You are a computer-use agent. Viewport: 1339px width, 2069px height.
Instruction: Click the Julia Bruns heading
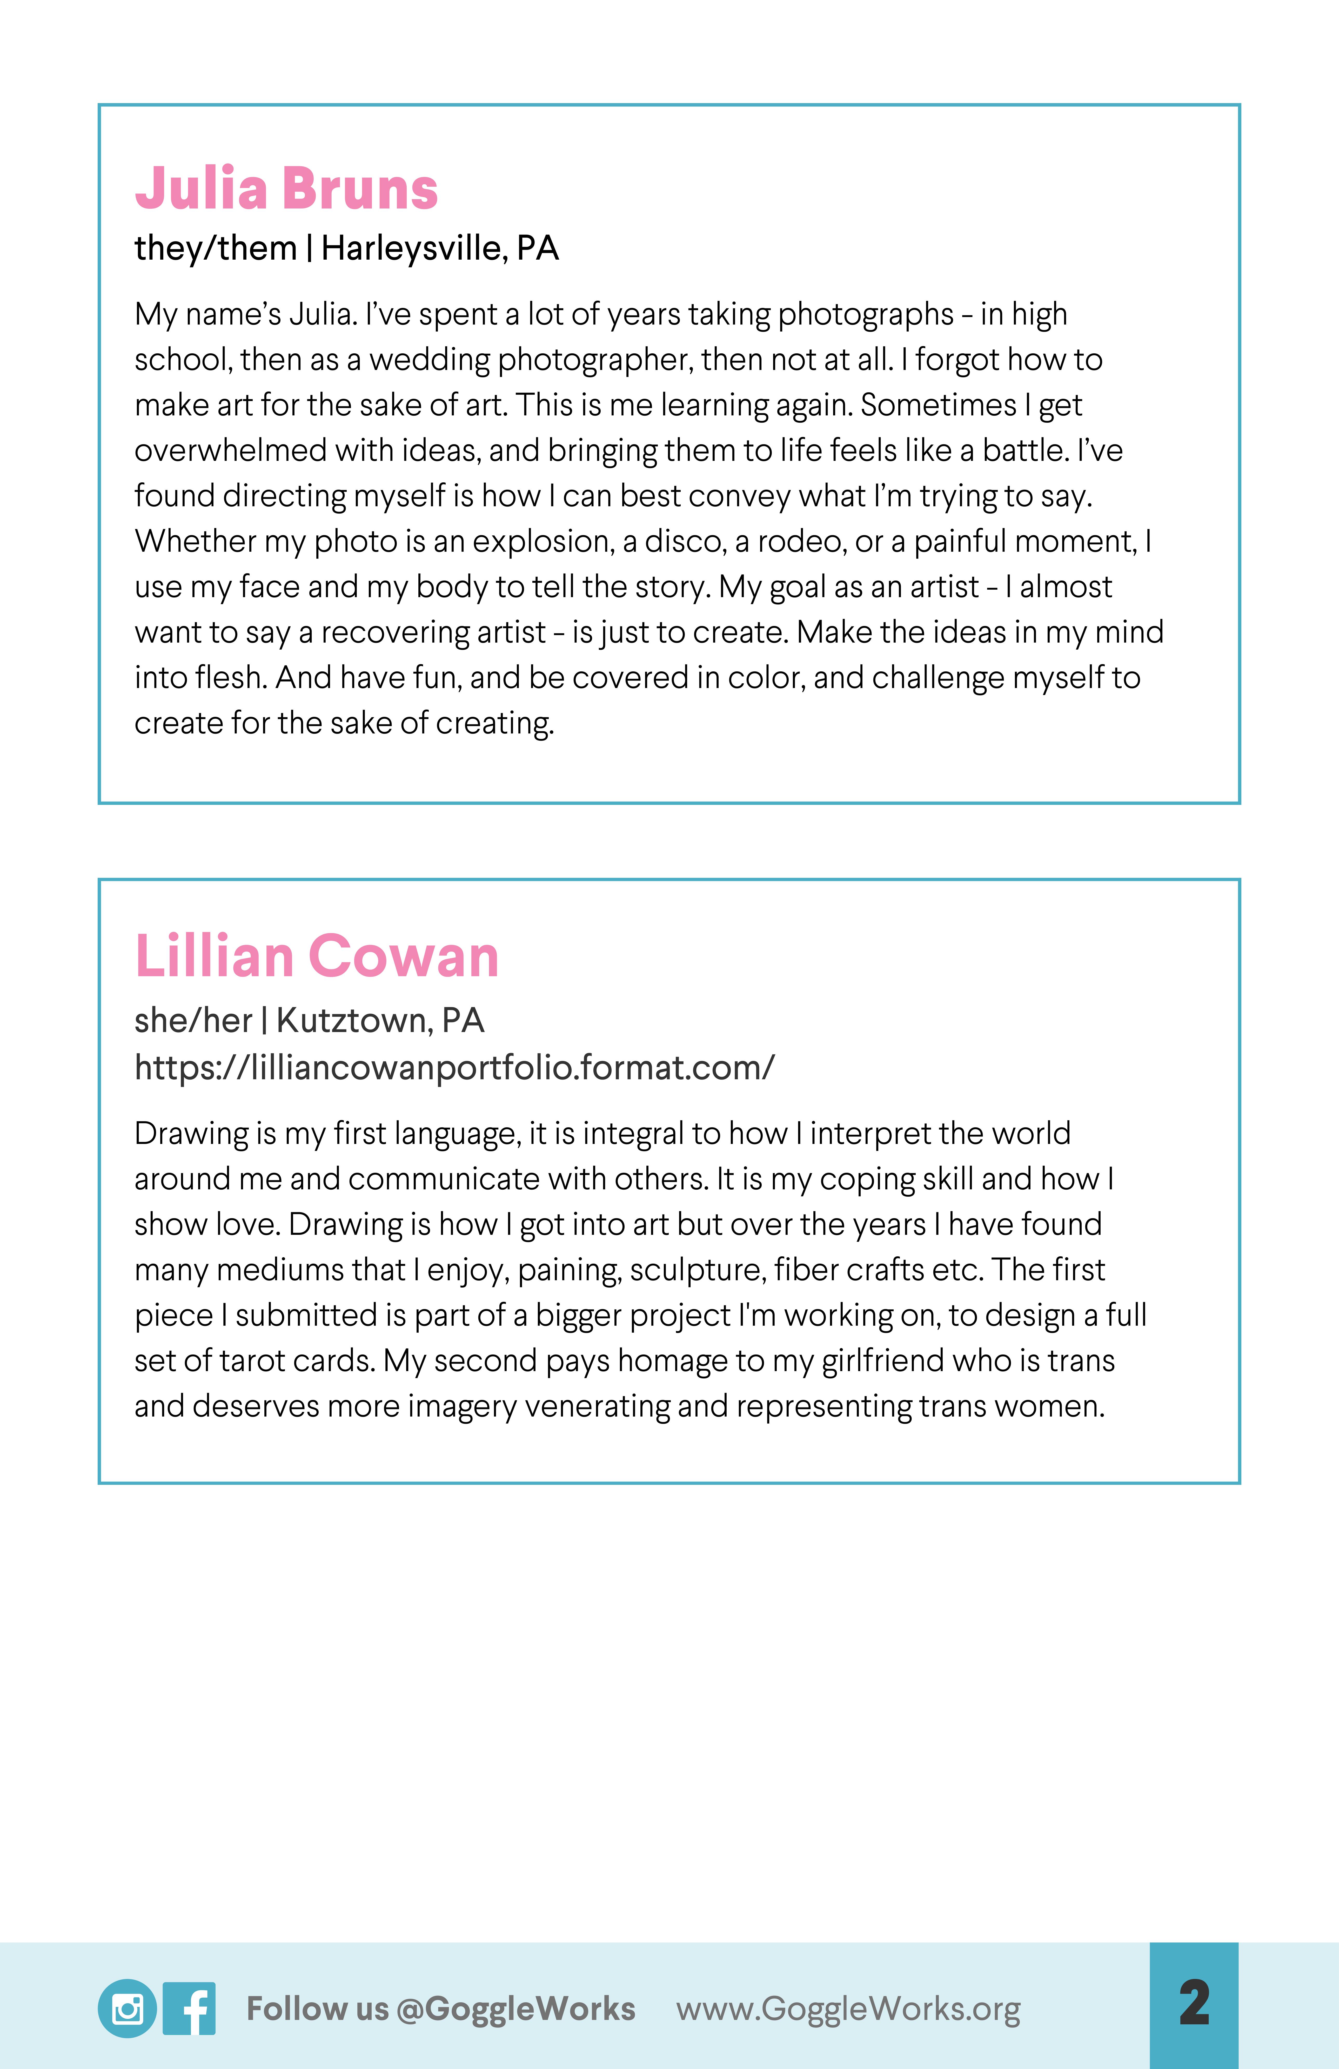click(x=286, y=189)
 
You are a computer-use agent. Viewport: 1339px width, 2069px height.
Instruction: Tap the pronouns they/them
click(x=216, y=249)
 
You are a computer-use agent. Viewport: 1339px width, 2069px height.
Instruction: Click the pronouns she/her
click(x=193, y=1021)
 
